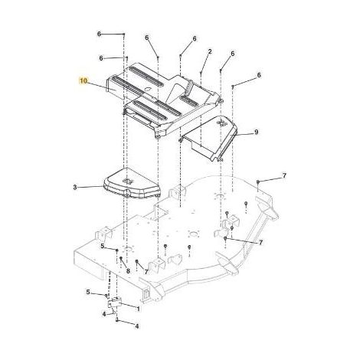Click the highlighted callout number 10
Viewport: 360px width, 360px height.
tap(83, 81)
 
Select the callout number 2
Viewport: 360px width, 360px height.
tap(210, 51)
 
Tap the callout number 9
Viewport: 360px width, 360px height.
tap(256, 132)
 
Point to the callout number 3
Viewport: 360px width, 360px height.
tap(75, 187)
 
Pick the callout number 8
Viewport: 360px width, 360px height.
tap(128, 271)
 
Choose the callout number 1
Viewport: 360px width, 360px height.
tap(139, 309)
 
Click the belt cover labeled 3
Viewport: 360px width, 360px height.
tap(131, 183)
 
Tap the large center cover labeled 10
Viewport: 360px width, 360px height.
tap(163, 100)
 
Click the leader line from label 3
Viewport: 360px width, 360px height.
tap(90, 187)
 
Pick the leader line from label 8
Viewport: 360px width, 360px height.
tap(124, 263)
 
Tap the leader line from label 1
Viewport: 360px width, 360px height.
tap(128, 305)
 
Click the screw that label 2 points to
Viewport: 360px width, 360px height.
tap(201, 74)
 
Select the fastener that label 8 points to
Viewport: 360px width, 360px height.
tap(121, 258)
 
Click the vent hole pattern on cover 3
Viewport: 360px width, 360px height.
tap(127, 181)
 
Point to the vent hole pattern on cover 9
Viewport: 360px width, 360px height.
tap(221, 123)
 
